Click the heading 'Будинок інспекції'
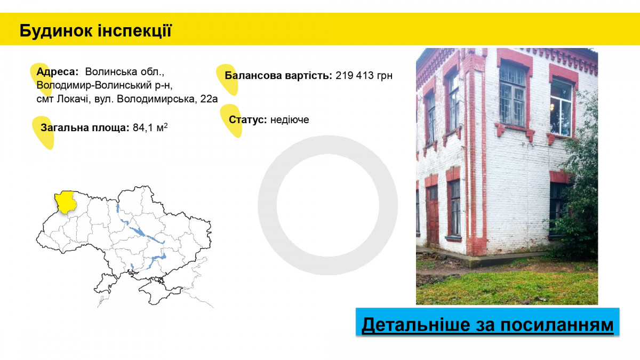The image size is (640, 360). pos(95,31)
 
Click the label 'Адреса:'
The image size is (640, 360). pos(58,71)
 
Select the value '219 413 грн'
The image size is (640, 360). pos(364,76)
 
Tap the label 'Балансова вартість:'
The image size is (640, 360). pos(278,76)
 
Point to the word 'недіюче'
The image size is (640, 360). pos(290,119)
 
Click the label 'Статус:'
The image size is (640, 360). pos(247,119)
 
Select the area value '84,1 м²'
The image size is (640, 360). pos(150,127)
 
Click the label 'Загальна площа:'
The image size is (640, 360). pos(85,127)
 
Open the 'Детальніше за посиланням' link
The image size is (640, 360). pos(487,325)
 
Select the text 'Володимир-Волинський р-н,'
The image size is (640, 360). pos(105,85)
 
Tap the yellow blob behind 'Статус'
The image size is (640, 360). pos(231,120)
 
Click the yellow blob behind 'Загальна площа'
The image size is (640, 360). pos(43,132)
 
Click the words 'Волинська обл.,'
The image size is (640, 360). pos(125,71)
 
